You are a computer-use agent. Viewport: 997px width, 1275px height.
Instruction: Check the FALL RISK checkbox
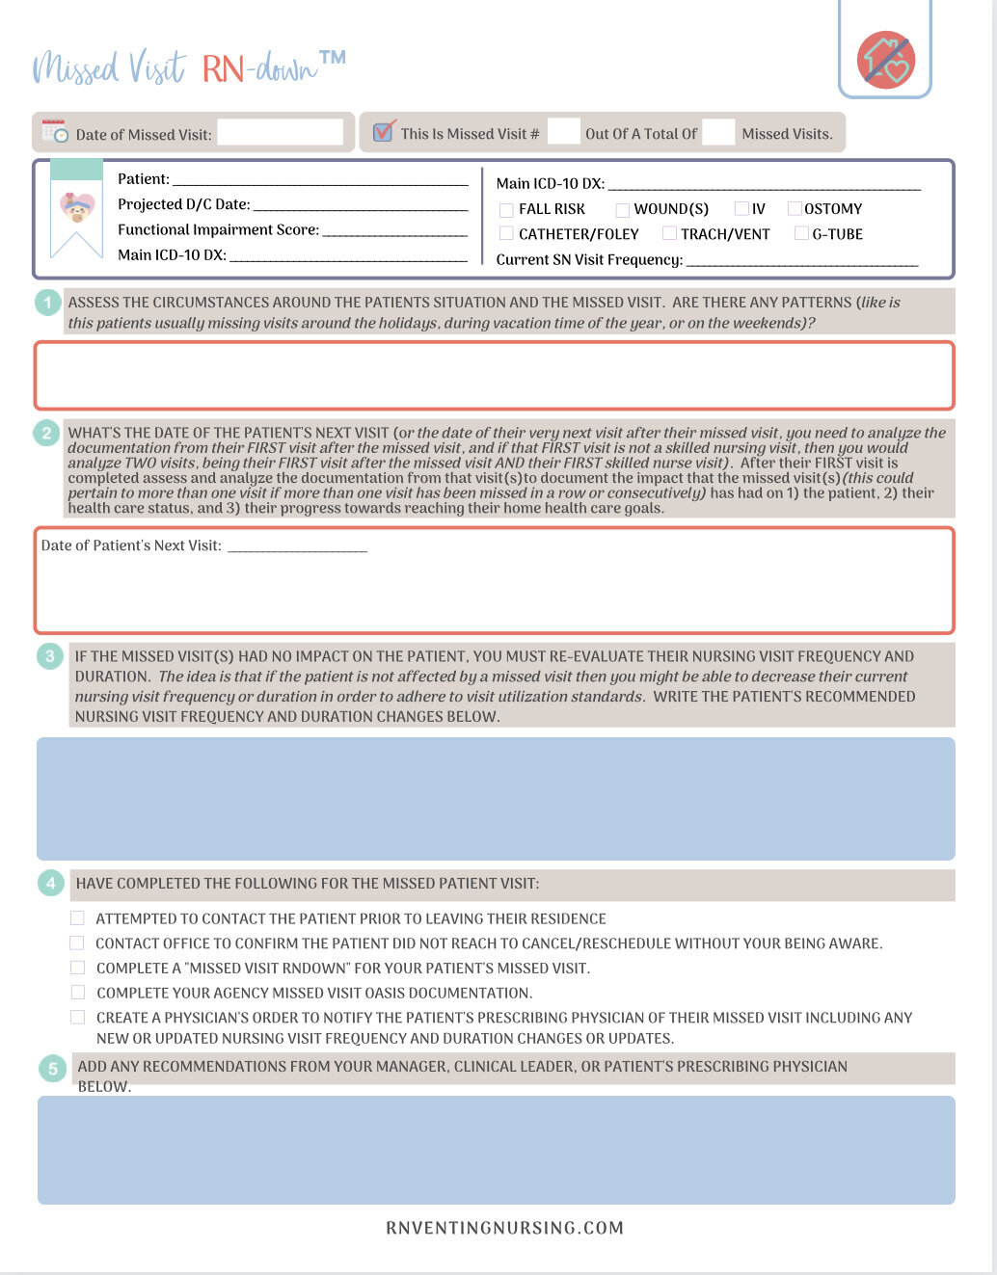pos(506,209)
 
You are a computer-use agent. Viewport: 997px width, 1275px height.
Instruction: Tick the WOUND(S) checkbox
pos(623,209)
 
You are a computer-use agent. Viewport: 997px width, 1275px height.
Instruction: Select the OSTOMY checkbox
pos(795,208)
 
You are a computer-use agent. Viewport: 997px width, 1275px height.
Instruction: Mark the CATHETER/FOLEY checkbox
pos(506,233)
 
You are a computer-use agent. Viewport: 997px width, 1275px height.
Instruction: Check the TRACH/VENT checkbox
pos(669,233)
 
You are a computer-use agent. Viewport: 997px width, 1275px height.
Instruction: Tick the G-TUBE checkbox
pos(801,233)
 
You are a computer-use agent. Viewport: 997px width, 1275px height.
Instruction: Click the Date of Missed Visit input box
pos(280,133)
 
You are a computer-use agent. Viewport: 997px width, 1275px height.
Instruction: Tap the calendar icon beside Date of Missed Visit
pos(55,132)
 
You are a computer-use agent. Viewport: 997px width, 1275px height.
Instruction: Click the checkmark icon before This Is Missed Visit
pos(384,130)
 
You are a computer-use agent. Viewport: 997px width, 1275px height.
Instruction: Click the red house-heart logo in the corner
pos(885,60)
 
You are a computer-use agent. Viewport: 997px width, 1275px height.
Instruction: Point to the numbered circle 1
pos(47,303)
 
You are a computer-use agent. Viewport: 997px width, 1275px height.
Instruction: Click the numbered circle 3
pos(50,657)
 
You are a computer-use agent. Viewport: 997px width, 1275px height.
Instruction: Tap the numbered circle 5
pos(53,1068)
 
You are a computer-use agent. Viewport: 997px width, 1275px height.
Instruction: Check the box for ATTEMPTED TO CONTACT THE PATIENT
pos(77,918)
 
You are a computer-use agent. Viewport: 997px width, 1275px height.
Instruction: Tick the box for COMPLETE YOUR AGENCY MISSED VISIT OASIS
pos(77,992)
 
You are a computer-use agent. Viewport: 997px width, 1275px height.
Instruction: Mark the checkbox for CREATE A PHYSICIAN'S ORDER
pos(77,1017)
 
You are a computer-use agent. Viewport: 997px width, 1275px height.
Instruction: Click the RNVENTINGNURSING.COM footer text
pos(504,1228)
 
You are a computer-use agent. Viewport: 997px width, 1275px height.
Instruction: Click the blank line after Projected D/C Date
pos(360,206)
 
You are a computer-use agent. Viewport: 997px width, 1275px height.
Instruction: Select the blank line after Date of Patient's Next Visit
pos(298,547)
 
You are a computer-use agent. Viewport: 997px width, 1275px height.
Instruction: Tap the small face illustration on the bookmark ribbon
pos(77,206)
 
